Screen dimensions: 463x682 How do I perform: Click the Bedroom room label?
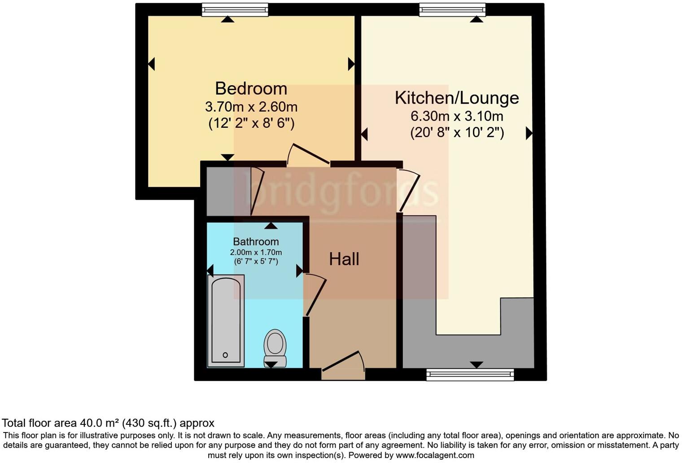251,88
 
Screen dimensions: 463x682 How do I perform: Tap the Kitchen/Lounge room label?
456,98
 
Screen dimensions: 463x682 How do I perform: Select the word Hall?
344,259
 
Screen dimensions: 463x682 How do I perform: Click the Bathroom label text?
256,242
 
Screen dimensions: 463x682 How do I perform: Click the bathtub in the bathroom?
226,320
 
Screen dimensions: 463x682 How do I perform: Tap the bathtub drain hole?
225,355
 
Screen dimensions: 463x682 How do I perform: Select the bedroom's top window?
235,9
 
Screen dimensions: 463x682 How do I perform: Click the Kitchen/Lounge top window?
452,9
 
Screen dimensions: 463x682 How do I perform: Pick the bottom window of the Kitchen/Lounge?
470,374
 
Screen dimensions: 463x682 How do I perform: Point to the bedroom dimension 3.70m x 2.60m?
251,107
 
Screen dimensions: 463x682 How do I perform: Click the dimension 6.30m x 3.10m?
456,117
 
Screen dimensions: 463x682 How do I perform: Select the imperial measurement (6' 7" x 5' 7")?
256,261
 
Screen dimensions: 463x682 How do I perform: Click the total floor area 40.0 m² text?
108,423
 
